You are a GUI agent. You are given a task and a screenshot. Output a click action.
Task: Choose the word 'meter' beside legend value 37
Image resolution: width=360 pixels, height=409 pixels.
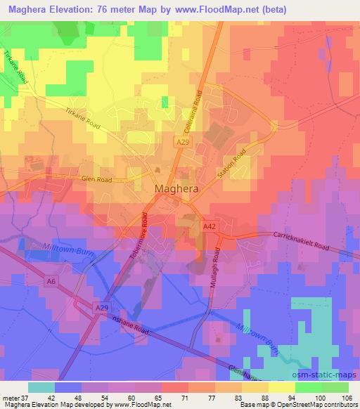(x=9, y=397)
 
